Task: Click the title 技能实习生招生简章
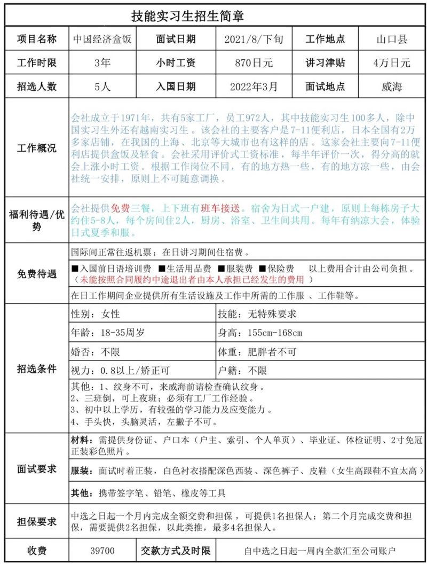tap(188, 16)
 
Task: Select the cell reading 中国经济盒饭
tap(102, 40)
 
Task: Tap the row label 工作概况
tap(37, 148)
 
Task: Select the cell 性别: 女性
tap(96, 314)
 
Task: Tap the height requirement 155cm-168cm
tap(260, 333)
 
